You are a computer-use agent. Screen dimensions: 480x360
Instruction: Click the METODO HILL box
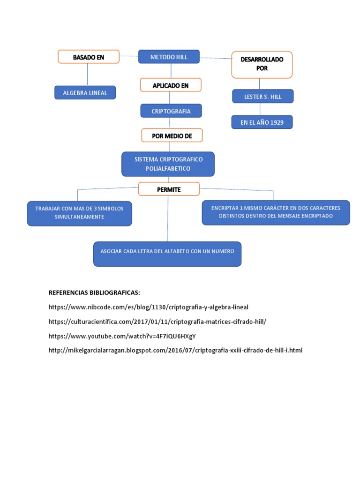[x=169, y=57]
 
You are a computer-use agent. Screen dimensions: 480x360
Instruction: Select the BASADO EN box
[x=89, y=57]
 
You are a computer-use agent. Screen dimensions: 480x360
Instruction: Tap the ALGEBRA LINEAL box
[x=85, y=93]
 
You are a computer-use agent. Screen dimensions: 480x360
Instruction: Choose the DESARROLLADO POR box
[x=262, y=64]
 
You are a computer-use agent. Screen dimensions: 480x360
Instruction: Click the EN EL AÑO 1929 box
[x=262, y=122]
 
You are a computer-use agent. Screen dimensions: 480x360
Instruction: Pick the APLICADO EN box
[x=171, y=85]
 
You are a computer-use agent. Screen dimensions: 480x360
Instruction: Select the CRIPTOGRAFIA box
[x=171, y=111]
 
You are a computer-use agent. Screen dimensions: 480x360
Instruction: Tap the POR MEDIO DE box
[x=172, y=135]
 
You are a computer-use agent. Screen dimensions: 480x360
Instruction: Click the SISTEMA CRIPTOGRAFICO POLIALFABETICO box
[x=168, y=164]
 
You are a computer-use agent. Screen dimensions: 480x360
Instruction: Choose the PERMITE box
[x=169, y=189]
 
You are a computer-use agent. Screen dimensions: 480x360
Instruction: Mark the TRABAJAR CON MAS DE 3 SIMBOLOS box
[x=79, y=213]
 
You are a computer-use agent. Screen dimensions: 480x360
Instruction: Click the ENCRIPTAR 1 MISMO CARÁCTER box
[x=276, y=212]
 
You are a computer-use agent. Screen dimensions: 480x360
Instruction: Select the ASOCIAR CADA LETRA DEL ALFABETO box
[x=167, y=254]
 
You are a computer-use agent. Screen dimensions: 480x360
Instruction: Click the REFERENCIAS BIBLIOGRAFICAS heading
[x=94, y=292]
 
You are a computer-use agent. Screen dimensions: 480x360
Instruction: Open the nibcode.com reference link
[x=148, y=307]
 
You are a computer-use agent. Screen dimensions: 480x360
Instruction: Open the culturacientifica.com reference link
[x=160, y=322]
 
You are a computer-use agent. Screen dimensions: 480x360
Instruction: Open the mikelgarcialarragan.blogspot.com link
[x=175, y=350]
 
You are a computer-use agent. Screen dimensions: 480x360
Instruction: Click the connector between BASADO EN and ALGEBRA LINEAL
[x=88, y=75]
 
